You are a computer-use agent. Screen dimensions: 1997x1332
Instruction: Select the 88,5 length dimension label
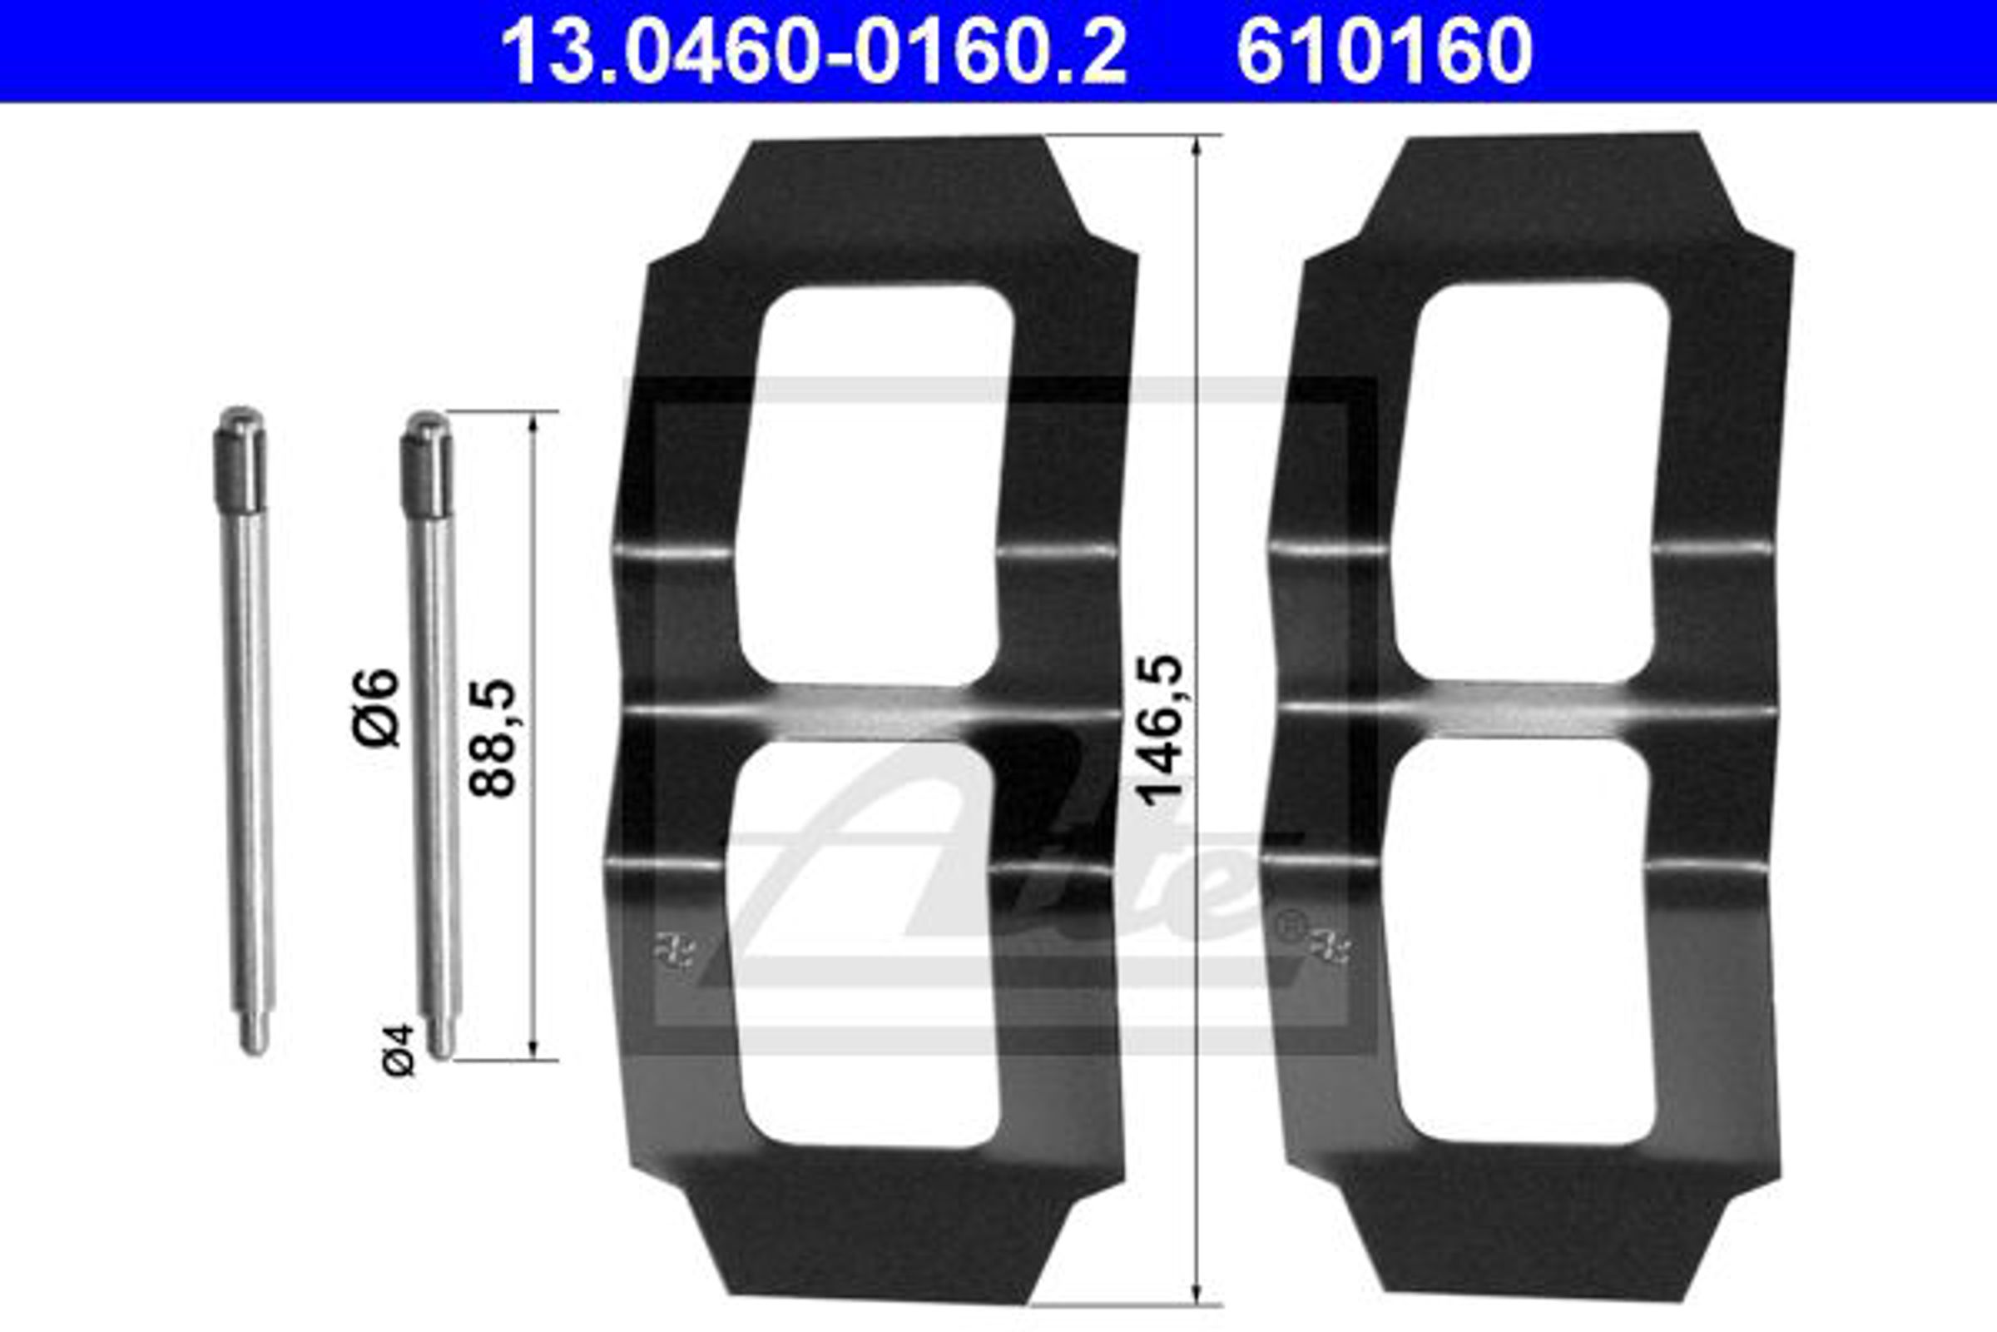pyautogui.click(x=493, y=738)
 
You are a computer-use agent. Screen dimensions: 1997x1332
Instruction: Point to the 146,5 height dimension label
pyautogui.click(x=1159, y=730)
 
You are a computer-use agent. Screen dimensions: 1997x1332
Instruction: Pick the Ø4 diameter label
pyautogui.click(x=399, y=1050)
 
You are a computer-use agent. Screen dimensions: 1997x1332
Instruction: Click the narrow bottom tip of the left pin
pyautogui.click(x=254, y=1033)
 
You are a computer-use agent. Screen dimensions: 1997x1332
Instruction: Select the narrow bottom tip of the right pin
pyautogui.click(x=441, y=1038)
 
